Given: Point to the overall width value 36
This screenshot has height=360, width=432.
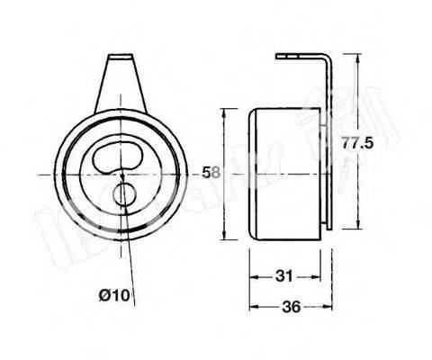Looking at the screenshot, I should [291, 307].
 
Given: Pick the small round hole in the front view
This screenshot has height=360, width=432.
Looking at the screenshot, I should [123, 193].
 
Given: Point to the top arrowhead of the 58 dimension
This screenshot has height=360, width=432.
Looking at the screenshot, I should [223, 112].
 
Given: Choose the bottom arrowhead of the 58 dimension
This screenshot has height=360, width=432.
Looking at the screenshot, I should [223, 236].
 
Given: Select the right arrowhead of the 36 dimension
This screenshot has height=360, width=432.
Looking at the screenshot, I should [329, 307].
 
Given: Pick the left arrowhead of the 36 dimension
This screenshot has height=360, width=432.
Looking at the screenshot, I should [252, 307].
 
